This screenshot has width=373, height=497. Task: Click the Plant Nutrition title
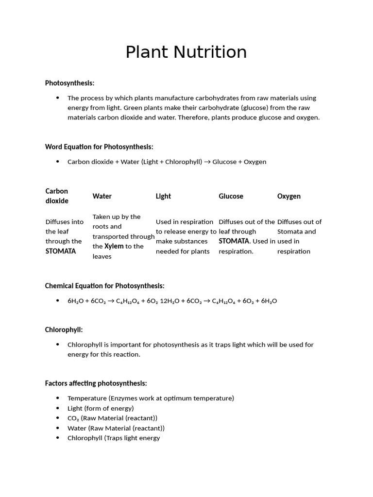pyautogui.click(x=186, y=52)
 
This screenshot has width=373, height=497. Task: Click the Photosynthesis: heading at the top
pyautogui.click(x=69, y=83)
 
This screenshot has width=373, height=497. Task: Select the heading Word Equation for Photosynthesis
pyautogui.click(x=99, y=147)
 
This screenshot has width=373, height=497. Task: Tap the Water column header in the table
pyautogui.click(x=102, y=196)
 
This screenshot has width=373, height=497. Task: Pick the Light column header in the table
pyautogui.click(x=163, y=196)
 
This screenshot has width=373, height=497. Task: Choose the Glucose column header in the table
pyautogui.click(x=231, y=196)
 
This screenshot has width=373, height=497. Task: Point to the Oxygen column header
pyautogui.click(x=288, y=196)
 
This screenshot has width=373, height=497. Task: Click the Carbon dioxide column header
pyautogui.click(x=57, y=196)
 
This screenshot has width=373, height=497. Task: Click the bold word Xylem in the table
pyautogui.click(x=114, y=246)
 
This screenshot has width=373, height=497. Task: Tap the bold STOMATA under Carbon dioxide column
pyautogui.click(x=61, y=251)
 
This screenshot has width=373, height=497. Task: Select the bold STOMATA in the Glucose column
pyautogui.click(x=234, y=241)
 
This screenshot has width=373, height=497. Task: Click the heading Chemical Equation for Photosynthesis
pyautogui.click(x=104, y=286)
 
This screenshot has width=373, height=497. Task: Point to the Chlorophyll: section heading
pyautogui.click(x=64, y=330)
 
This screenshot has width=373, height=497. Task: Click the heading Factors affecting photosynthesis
pyautogui.click(x=96, y=383)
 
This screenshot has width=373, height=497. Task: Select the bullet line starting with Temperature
pyautogui.click(x=151, y=398)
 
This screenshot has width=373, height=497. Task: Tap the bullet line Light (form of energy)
pyautogui.click(x=101, y=408)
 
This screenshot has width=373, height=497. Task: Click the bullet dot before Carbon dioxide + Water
pyautogui.click(x=58, y=162)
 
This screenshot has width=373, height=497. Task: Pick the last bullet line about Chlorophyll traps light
pyautogui.click(x=114, y=438)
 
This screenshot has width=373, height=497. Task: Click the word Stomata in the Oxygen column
pyautogui.click(x=290, y=232)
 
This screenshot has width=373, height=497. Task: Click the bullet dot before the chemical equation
pyautogui.click(x=58, y=301)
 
